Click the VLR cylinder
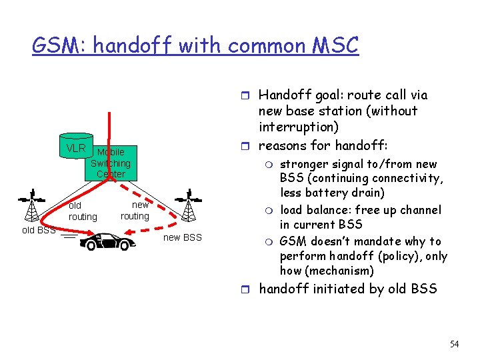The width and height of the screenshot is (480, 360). pos(75,146)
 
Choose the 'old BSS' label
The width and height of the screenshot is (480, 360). pos(38,231)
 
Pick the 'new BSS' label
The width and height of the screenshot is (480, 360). pos(182,238)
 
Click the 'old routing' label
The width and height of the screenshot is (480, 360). pos(83,211)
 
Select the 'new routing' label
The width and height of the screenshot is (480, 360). pos(135,211)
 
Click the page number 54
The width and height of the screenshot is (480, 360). pos(454,344)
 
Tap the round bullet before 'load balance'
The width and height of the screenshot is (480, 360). pos(270,211)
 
